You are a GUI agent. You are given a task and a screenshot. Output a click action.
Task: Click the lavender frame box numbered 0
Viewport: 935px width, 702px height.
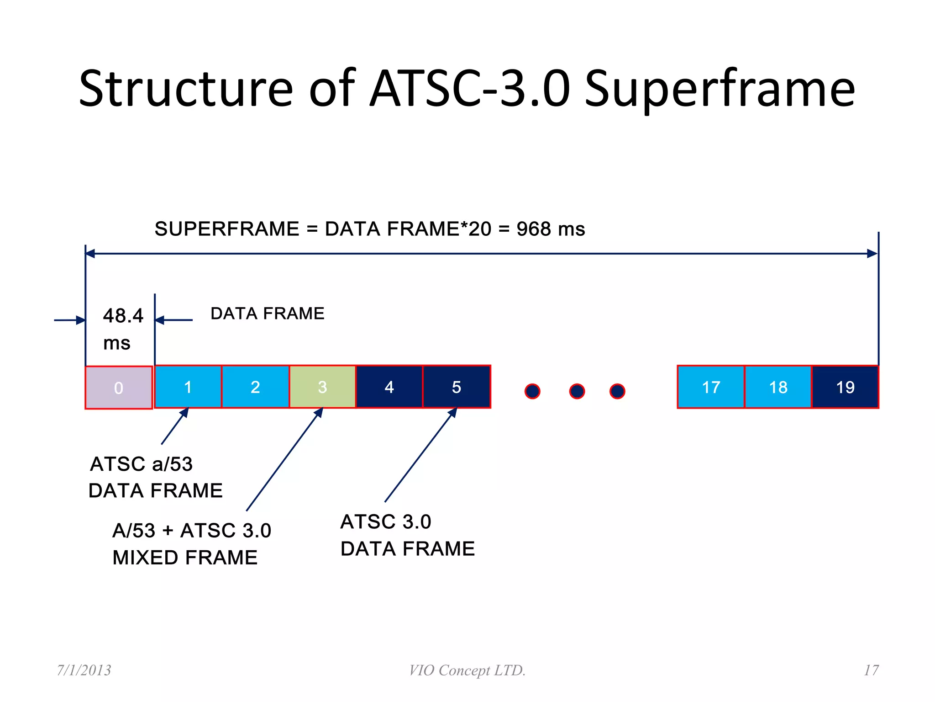(119, 388)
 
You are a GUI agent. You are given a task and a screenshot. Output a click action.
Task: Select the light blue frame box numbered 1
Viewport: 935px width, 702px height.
(188, 387)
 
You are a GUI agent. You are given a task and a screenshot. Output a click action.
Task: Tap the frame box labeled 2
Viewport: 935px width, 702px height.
(255, 387)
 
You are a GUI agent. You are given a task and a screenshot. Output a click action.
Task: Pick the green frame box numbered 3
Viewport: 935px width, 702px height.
(322, 387)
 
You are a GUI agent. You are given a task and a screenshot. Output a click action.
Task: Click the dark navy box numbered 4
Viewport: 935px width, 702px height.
(389, 387)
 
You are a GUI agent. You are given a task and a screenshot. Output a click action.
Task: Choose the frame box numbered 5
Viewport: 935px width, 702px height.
(457, 387)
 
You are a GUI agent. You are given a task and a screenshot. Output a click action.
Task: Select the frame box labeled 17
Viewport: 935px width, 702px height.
(711, 387)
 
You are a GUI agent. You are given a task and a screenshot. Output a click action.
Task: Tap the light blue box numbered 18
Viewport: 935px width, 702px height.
(778, 387)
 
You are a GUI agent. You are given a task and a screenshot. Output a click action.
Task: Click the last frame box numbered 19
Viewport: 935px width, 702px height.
(845, 387)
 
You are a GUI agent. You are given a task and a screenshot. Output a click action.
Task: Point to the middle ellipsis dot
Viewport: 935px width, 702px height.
(577, 391)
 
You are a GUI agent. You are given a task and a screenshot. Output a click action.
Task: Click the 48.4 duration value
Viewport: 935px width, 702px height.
(123, 316)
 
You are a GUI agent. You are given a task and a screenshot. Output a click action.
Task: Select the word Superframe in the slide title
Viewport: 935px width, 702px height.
(720, 89)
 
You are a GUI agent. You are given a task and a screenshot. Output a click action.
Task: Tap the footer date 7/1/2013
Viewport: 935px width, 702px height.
(84, 670)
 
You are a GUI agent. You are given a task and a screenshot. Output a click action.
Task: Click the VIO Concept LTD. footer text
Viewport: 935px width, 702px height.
(467, 670)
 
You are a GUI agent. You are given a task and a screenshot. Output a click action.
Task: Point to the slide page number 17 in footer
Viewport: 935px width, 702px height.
(871, 670)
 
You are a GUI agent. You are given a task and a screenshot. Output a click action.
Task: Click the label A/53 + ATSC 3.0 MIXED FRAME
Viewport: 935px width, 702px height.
(191, 544)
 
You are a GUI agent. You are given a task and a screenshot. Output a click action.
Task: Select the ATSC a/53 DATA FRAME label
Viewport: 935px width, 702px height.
(155, 477)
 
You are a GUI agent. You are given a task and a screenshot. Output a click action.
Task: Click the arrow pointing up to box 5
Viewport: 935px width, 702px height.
(420, 455)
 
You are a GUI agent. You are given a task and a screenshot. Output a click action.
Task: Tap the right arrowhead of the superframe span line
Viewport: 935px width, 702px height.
(872, 254)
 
